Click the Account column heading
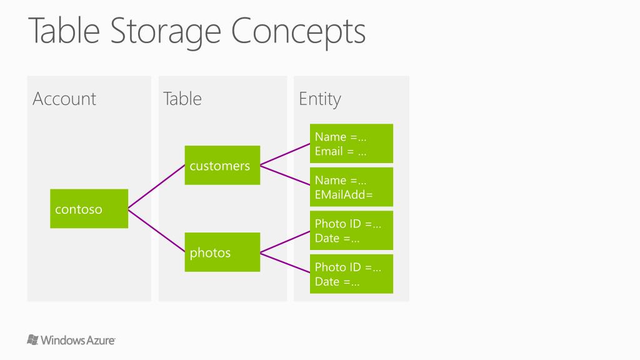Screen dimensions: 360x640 click(64, 99)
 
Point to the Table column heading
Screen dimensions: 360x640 click(182, 99)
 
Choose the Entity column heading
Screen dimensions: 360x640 click(319, 99)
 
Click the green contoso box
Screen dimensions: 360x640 click(89, 209)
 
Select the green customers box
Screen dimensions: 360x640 click(222, 166)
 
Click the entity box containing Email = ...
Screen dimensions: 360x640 click(351, 144)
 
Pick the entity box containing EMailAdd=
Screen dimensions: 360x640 click(351, 187)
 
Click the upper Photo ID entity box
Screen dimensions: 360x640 click(351, 231)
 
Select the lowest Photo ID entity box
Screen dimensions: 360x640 click(351, 274)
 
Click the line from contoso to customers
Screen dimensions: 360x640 click(156, 187)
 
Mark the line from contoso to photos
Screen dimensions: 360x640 click(156, 231)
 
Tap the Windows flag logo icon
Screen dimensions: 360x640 click(33, 340)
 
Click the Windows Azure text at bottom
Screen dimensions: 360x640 click(78, 341)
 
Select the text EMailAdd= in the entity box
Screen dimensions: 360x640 click(344, 194)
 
